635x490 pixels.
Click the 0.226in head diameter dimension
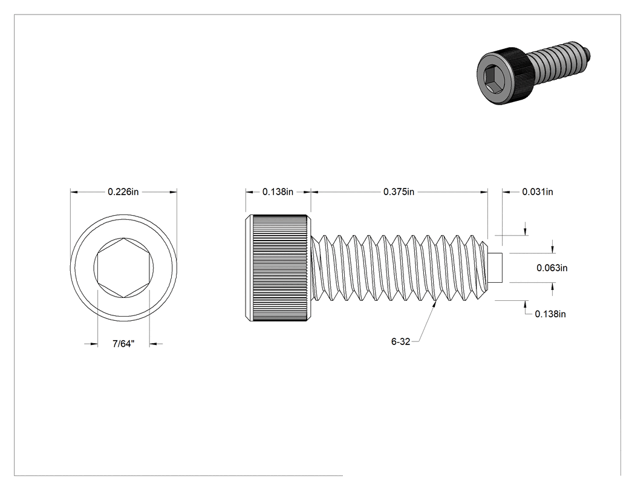point(123,192)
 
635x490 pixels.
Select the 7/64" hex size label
point(123,344)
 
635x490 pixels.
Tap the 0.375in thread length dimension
point(399,192)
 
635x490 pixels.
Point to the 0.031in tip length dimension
point(538,192)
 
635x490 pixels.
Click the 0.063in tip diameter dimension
point(552,268)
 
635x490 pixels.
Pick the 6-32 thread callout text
point(400,342)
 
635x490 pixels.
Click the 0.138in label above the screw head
point(278,192)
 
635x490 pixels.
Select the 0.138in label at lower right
point(550,314)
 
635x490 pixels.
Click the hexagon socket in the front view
point(123,268)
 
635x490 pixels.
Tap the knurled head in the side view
point(278,268)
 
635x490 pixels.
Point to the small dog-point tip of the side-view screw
point(496,268)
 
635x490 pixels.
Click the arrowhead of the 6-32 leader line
point(435,304)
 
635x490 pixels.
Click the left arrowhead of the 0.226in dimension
point(74,192)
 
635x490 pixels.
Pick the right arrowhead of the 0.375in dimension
point(484,192)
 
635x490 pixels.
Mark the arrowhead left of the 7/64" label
point(94,344)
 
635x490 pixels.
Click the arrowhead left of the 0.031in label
point(507,192)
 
